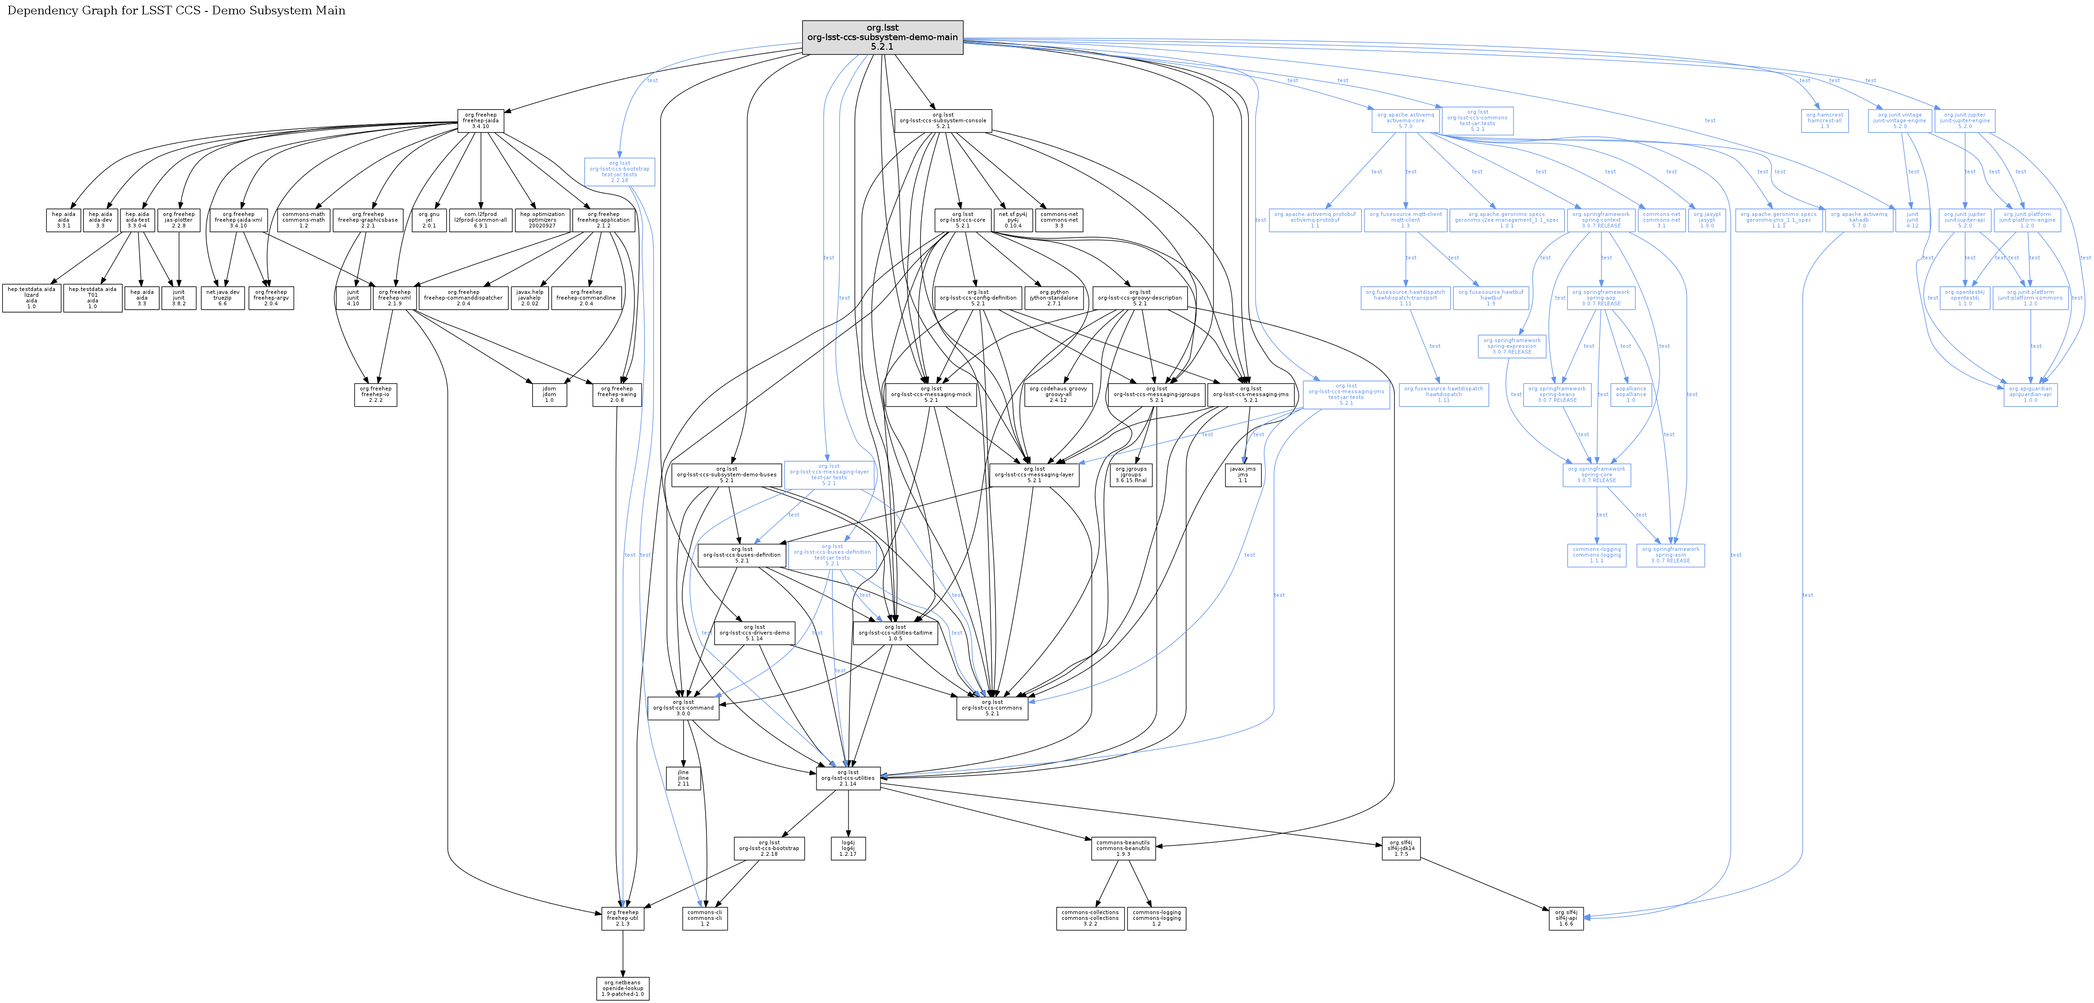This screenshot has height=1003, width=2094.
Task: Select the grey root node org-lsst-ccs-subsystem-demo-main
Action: coord(882,37)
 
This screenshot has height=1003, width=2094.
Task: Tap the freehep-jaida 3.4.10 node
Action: coord(481,121)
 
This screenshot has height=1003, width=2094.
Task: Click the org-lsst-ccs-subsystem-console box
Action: coord(942,121)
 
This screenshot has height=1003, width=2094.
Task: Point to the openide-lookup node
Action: coord(623,988)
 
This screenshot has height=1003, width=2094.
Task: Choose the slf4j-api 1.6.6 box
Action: coord(1566,917)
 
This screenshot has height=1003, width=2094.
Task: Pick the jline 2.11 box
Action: coord(683,778)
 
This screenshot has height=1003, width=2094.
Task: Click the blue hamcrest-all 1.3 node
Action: coord(1824,121)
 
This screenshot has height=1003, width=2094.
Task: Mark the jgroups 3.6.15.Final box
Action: coord(1131,475)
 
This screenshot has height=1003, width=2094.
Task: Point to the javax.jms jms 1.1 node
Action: coord(1243,475)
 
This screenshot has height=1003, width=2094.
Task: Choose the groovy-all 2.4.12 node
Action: coord(1058,394)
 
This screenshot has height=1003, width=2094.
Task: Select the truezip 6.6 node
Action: coord(222,298)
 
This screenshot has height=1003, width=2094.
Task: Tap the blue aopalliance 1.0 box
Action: coord(1631,394)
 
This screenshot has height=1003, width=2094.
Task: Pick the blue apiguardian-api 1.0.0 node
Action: coord(2030,394)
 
